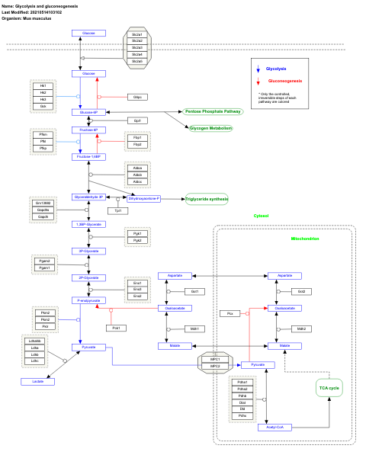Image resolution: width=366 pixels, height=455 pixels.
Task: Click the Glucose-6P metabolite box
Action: (88, 112)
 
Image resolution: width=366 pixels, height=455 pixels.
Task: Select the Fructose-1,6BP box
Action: (88, 156)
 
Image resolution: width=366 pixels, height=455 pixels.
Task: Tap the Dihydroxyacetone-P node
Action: (139, 198)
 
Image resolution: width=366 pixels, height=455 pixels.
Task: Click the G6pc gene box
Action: (137, 97)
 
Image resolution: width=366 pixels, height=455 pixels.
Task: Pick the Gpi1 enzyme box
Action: (137, 120)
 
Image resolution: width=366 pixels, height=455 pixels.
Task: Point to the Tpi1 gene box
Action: (117, 210)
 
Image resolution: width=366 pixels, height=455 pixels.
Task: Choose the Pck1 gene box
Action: (117, 327)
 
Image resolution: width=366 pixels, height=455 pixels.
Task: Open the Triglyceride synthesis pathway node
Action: (207, 199)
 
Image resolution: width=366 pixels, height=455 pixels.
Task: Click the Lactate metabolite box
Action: (38, 381)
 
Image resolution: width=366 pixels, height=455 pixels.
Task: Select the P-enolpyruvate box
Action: (88, 300)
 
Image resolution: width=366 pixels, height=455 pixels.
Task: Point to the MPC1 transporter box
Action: (215, 359)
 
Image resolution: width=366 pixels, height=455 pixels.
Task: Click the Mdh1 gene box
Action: (195, 328)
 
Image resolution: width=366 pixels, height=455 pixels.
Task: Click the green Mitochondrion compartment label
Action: (305, 239)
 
